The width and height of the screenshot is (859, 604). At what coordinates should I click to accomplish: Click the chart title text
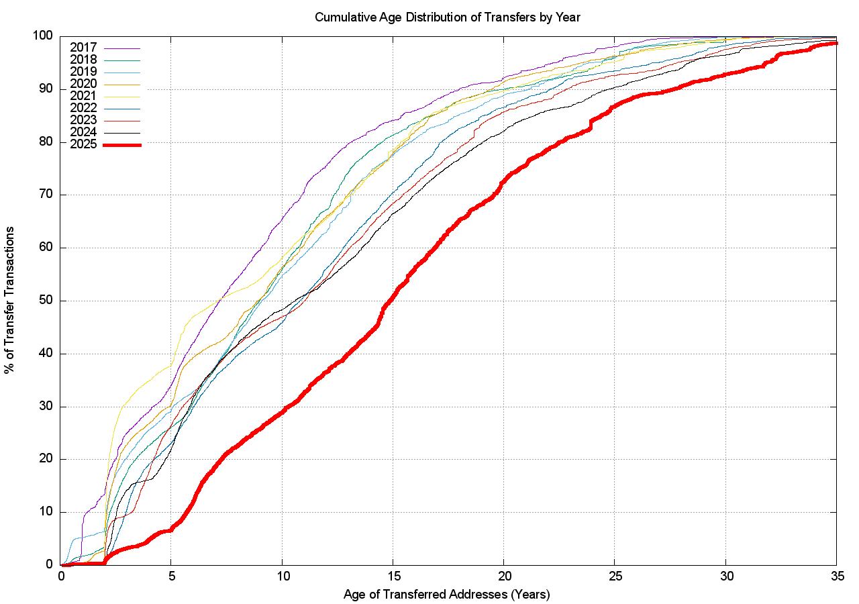447,17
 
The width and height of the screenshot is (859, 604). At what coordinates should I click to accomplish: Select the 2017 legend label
83,48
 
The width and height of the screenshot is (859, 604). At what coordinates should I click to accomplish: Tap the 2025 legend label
83,144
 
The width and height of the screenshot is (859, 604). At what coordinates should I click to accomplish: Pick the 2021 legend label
83,96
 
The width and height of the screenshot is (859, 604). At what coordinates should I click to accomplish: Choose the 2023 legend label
83,120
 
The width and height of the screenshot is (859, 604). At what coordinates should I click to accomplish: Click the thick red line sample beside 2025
122,145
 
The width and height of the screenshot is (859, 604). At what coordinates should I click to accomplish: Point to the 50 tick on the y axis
46,301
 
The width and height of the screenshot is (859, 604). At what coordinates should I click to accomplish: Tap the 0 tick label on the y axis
50,565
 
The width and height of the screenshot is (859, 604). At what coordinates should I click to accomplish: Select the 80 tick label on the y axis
46,142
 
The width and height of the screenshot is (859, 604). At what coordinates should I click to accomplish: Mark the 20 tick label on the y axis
46,460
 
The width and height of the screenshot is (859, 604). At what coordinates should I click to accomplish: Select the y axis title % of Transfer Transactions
11,301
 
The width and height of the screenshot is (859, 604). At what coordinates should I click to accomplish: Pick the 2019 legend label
83,72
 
